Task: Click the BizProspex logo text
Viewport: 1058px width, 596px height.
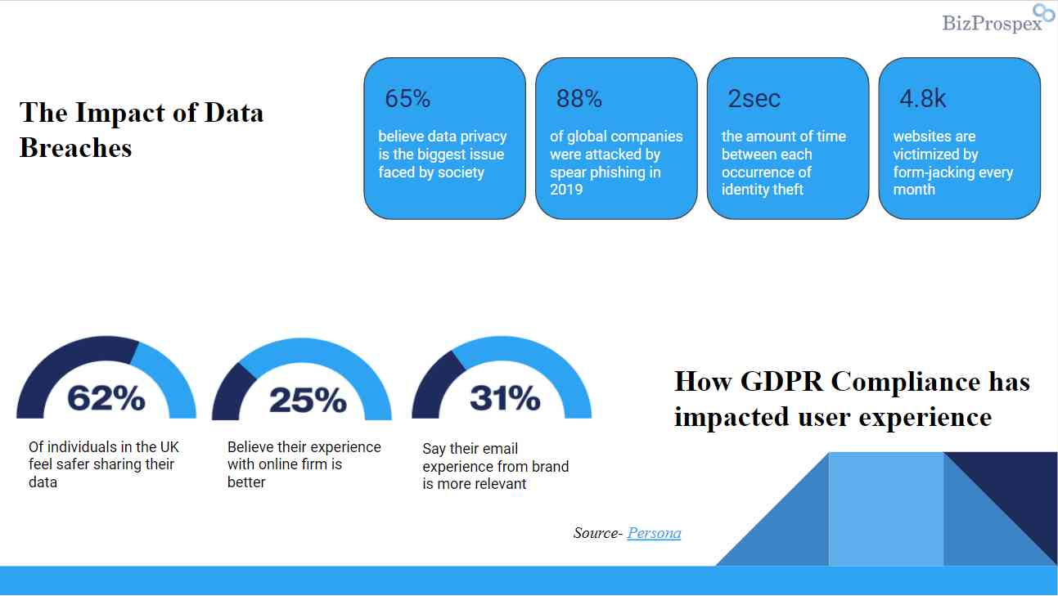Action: [x=992, y=23]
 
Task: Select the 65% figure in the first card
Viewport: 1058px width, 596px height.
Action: [x=407, y=99]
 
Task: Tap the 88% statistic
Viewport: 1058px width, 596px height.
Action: [x=579, y=99]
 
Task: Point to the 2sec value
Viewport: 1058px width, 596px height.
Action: [x=754, y=99]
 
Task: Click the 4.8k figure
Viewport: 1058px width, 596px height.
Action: [x=922, y=99]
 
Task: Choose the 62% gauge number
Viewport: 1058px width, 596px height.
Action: [x=106, y=398]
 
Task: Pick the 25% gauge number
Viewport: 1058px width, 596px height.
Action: [x=308, y=400]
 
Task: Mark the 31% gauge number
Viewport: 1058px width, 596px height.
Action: [x=505, y=398]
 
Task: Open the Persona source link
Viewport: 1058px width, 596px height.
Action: [x=654, y=533]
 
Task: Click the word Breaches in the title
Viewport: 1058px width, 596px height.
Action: [x=75, y=147]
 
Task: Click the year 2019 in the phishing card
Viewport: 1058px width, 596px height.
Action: [x=566, y=190]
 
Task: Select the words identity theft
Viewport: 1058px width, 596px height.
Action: [x=763, y=190]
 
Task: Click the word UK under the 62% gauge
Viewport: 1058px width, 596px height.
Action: [x=169, y=447]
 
